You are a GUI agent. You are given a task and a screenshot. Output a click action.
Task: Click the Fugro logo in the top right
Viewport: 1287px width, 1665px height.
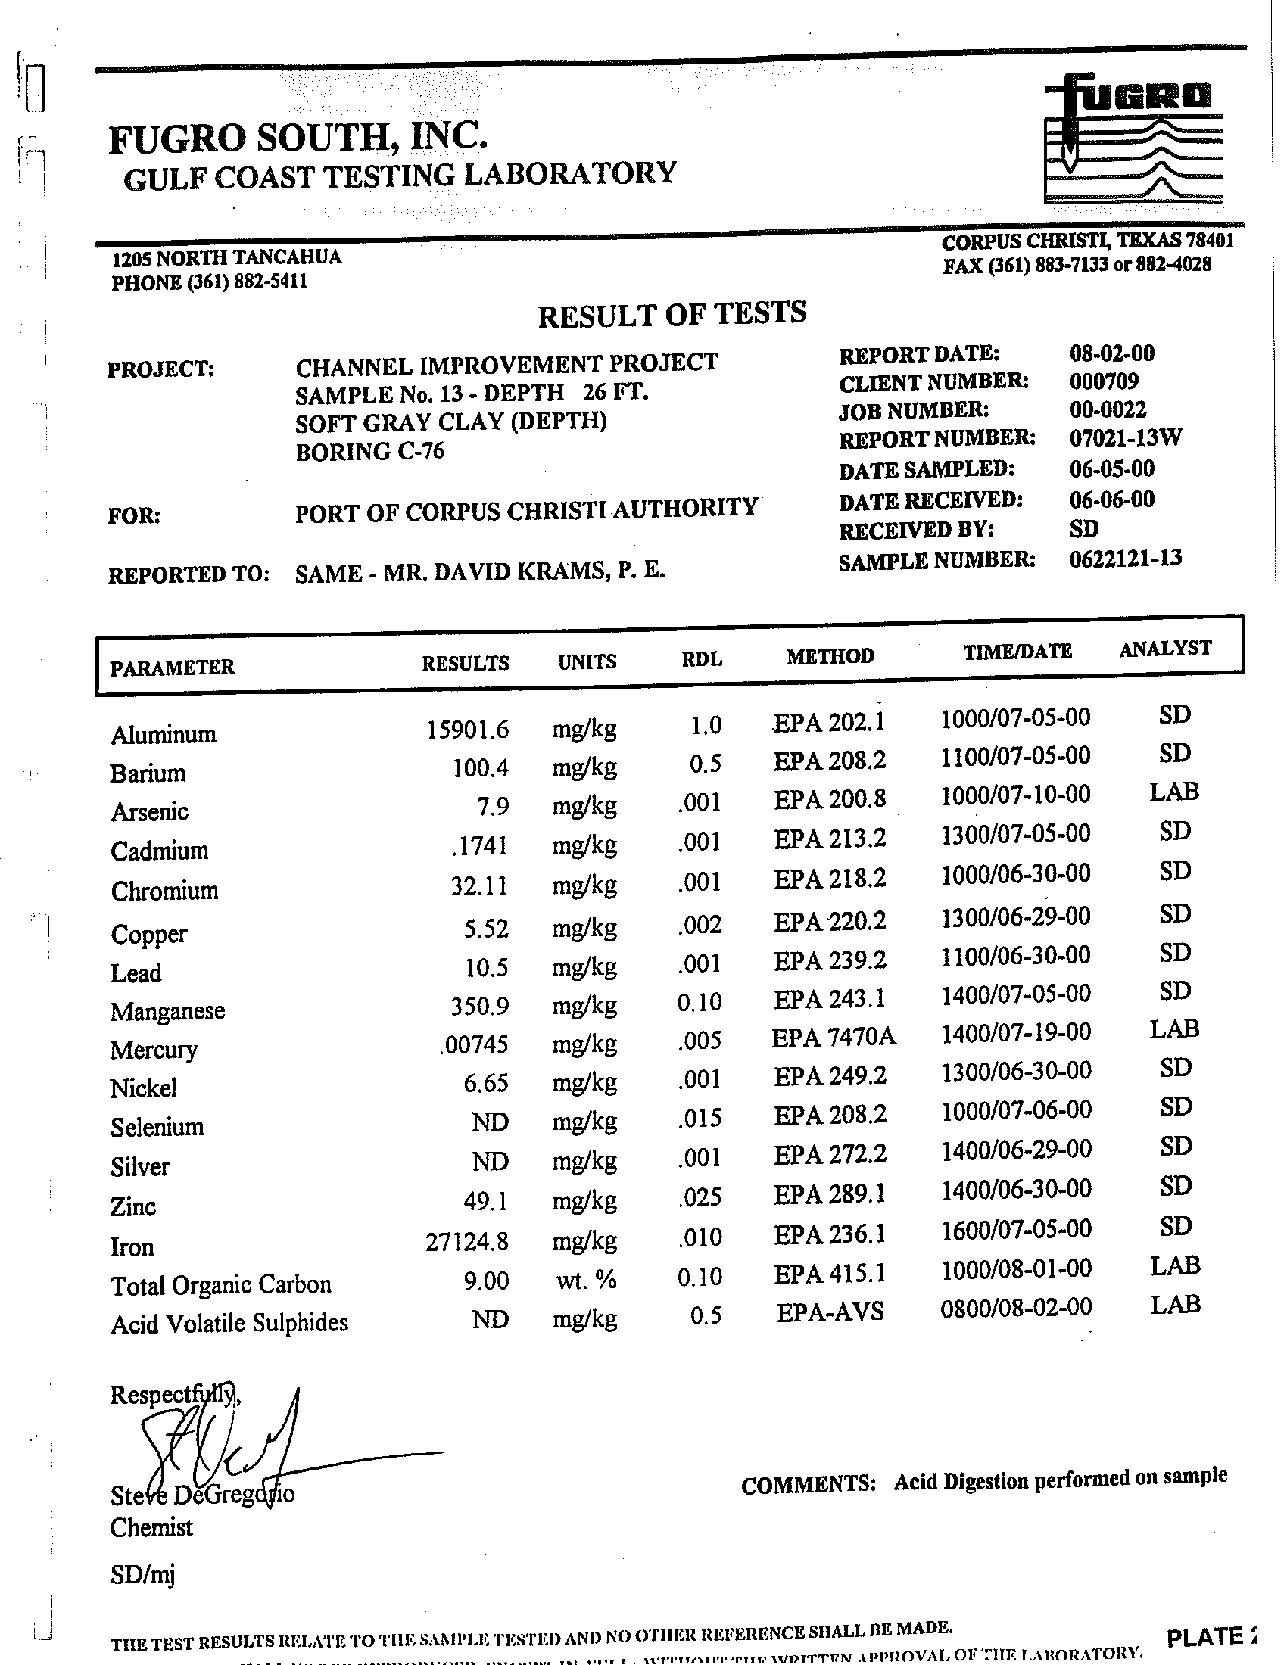tap(1134, 141)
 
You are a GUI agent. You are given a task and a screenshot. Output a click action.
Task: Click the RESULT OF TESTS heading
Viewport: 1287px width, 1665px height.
tap(672, 314)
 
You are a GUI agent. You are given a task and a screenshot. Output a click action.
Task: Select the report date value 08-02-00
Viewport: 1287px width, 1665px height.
tap(1111, 353)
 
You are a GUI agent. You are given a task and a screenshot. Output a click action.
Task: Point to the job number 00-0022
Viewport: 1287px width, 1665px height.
tap(1107, 410)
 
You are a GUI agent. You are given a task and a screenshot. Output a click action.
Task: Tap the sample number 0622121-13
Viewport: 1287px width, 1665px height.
tap(1125, 558)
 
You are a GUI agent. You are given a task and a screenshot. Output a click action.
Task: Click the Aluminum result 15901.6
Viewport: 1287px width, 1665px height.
tap(467, 730)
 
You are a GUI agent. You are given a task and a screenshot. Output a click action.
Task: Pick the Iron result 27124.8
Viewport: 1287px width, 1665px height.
tap(466, 1242)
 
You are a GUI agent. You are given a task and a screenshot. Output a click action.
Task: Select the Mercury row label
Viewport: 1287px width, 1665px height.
tap(154, 1050)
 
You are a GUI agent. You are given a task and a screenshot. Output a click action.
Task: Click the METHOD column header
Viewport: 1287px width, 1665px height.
tap(830, 655)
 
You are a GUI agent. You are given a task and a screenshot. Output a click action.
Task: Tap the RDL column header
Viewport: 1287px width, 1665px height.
tap(702, 659)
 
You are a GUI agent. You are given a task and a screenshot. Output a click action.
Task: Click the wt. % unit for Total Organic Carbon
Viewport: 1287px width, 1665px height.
tap(585, 1280)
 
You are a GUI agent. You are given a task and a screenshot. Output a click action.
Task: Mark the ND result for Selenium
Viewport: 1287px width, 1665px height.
tap(491, 1122)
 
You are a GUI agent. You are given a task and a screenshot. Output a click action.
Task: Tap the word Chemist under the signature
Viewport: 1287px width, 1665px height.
tap(151, 1528)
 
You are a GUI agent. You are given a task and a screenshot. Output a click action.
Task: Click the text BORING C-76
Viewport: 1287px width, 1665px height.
tap(369, 451)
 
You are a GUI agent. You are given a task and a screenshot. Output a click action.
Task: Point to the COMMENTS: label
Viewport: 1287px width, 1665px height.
tap(809, 1484)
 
